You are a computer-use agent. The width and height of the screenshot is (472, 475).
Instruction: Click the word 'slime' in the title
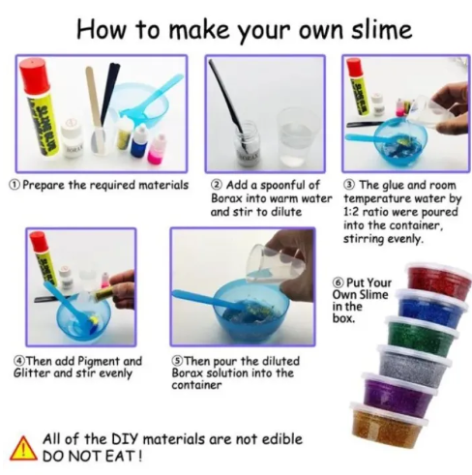pyautogui.click(x=381, y=30)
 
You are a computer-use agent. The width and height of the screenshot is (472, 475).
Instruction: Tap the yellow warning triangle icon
pyautogui.click(x=23, y=449)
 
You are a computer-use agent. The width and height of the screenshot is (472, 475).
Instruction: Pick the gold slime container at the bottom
pyautogui.click(x=388, y=424)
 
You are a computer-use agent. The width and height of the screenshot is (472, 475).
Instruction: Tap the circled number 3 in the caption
pyautogui.click(x=350, y=185)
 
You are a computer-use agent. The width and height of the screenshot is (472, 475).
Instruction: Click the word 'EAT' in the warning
pyautogui.click(x=123, y=457)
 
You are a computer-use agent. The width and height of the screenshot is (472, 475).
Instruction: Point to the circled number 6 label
pyautogui.click(x=338, y=282)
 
